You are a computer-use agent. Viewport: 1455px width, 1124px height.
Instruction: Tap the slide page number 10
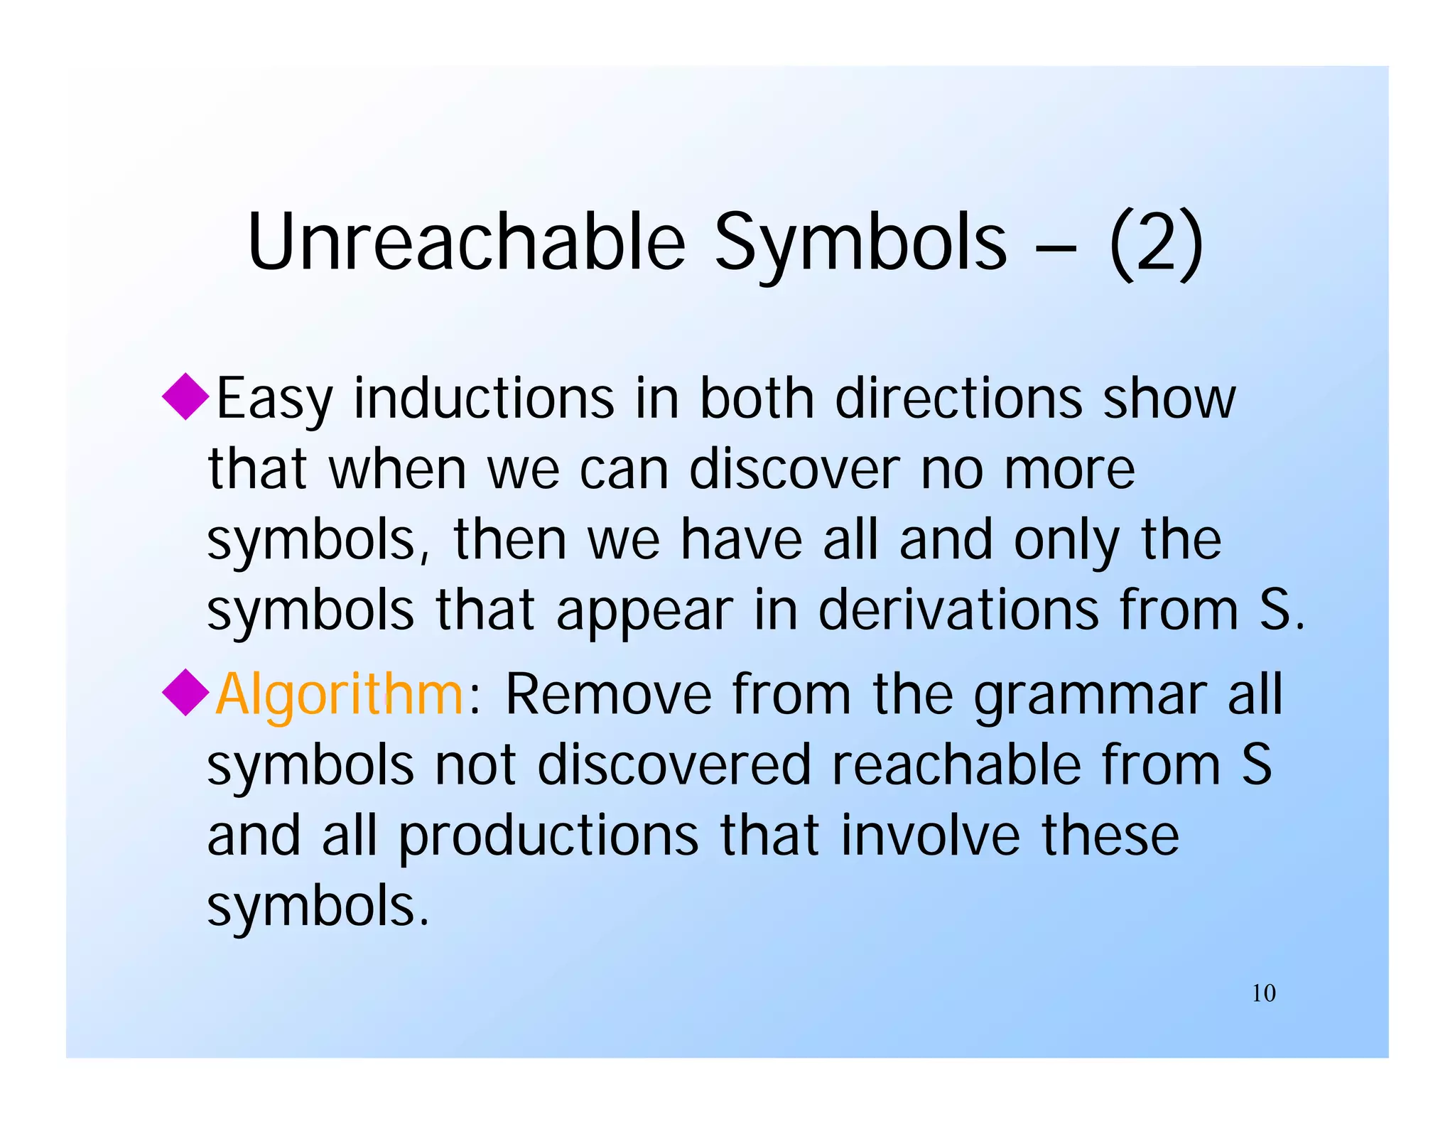1263,993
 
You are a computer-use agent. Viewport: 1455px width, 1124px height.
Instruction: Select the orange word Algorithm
340,694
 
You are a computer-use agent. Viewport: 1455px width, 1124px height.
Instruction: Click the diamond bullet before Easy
185,396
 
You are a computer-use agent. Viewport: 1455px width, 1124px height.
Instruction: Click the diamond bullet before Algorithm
185,693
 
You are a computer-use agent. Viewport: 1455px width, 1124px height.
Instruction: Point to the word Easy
274,399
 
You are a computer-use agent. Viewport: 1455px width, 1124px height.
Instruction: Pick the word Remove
608,694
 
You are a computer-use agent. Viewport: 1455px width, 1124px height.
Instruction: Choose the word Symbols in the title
860,243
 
